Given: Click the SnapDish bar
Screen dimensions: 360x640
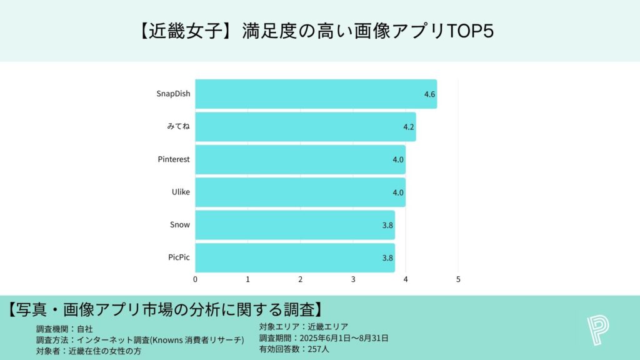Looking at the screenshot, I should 316,94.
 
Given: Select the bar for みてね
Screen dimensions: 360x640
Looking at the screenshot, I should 305,127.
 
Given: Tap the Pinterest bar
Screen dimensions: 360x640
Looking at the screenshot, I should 300,159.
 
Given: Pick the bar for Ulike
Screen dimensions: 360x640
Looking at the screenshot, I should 300,192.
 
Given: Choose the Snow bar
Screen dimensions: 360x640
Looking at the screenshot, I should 294,224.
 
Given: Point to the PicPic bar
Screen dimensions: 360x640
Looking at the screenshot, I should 294,257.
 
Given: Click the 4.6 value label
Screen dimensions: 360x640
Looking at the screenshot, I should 429,94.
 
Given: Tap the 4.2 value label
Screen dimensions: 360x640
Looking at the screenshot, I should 409,127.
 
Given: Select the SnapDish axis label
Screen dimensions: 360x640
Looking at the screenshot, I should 173,94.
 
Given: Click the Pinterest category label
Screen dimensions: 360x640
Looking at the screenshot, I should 174,159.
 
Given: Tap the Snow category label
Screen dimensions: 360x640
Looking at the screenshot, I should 180,224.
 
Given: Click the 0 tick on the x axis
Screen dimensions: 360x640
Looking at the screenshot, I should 196,279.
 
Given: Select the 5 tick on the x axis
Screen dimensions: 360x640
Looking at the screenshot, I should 458,279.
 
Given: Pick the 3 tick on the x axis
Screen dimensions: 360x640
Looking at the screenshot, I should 353,279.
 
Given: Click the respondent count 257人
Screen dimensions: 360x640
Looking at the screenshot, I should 316,349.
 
